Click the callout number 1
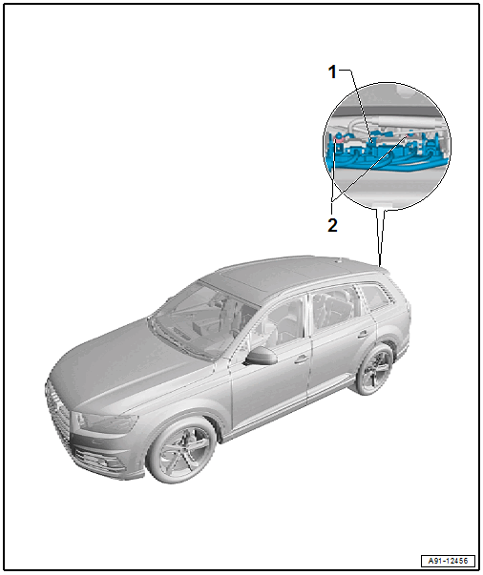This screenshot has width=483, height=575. pyautogui.click(x=332, y=72)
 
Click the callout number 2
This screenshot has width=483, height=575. pyautogui.click(x=332, y=225)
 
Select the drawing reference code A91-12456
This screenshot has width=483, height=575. pyautogui.click(x=448, y=561)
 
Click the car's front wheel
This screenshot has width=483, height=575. pyautogui.click(x=182, y=450)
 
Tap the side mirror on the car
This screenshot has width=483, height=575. pyautogui.click(x=262, y=356)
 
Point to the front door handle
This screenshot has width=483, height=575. pyautogui.click(x=302, y=359)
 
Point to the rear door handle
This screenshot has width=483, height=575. pyautogui.click(x=363, y=335)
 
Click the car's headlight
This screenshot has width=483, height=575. pyautogui.click(x=106, y=422)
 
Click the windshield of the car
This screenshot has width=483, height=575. pyautogui.click(x=203, y=319)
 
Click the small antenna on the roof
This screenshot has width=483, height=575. pyautogui.click(x=338, y=261)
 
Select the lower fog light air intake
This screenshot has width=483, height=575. pyautogui.click(x=96, y=459)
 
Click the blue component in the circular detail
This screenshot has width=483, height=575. pyautogui.click(x=389, y=154)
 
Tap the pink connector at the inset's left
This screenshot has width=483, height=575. pyautogui.click(x=339, y=139)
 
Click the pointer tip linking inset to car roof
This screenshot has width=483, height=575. pyautogui.click(x=380, y=265)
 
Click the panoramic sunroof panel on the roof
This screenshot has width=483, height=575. pyautogui.click(x=279, y=274)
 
